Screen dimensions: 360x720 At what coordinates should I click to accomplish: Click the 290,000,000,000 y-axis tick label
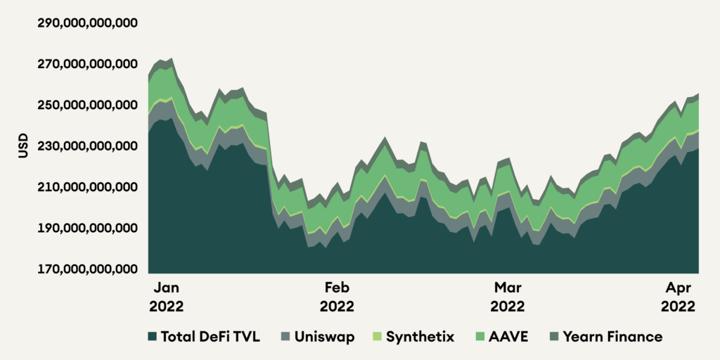87,23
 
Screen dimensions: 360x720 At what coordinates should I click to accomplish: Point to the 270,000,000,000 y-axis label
87,64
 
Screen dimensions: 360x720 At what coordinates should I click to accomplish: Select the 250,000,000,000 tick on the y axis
87,105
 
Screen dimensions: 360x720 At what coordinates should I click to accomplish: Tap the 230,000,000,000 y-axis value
87,146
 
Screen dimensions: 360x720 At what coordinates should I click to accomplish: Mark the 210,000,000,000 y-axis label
87,188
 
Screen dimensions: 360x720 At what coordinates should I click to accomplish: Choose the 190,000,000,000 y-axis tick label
87,229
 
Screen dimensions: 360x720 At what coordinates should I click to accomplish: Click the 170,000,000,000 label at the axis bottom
87,269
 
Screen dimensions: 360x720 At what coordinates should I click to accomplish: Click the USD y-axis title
24,146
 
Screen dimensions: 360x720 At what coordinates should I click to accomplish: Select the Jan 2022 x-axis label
167,297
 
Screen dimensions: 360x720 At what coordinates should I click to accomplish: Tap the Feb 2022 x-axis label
337,297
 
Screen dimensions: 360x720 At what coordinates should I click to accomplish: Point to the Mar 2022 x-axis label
507,297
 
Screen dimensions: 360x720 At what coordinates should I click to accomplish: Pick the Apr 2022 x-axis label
678,297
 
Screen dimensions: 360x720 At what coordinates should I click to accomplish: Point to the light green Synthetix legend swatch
378,337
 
